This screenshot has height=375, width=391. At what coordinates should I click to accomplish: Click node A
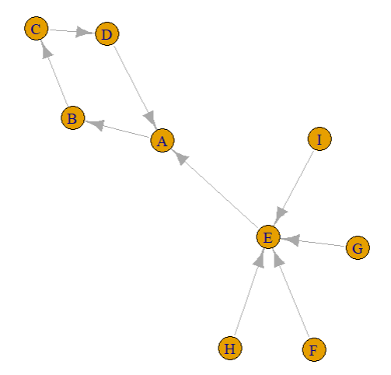pyautogui.click(x=162, y=140)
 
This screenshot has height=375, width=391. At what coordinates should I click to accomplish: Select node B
pyautogui.click(x=73, y=117)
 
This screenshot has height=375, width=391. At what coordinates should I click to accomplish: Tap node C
pyautogui.click(x=37, y=28)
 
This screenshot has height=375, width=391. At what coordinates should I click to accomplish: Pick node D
pyautogui.click(x=107, y=33)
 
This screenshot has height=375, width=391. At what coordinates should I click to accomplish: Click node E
pyautogui.click(x=268, y=237)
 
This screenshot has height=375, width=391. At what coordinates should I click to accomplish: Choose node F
pyautogui.click(x=314, y=349)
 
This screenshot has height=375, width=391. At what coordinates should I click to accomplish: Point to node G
pyautogui.click(x=358, y=247)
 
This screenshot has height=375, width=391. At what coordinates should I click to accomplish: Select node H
pyautogui.click(x=230, y=348)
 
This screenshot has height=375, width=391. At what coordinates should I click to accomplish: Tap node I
pyautogui.click(x=319, y=138)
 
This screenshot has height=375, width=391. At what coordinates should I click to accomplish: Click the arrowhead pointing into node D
pyautogui.click(x=85, y=32)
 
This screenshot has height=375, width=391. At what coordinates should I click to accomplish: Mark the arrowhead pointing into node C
pyautogui.click(x=46, y=50)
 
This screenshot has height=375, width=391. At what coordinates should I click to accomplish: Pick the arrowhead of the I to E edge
pyautogui.click(x=281, y=216)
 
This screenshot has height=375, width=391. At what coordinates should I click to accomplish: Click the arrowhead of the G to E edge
pyautogui.click(x=290, y=240)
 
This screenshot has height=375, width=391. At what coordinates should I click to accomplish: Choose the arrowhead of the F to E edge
pyautogui.click(x=278, y=258)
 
